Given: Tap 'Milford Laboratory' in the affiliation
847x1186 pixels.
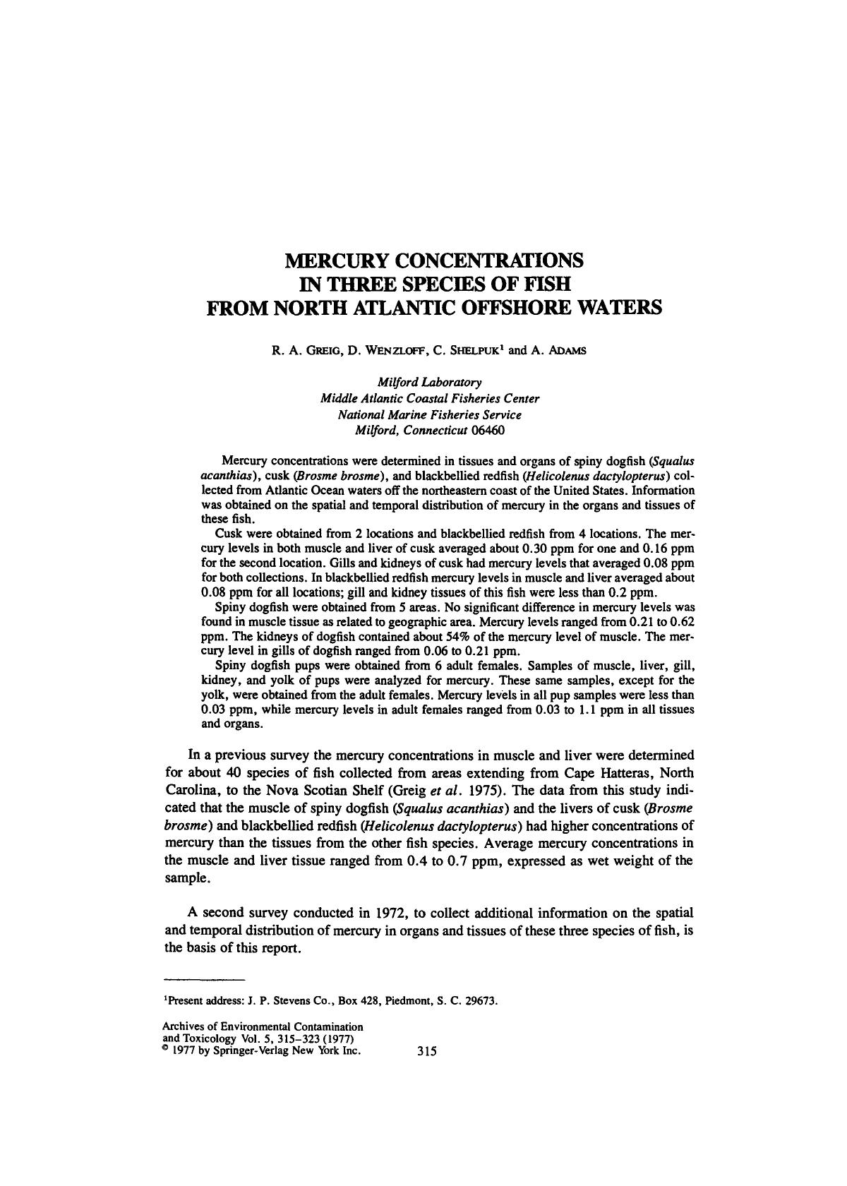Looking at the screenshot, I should tap(429, 382).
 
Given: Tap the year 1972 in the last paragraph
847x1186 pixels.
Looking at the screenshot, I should tap(385, 911).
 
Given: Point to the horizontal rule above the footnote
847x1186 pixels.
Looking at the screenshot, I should tap(204, 981).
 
